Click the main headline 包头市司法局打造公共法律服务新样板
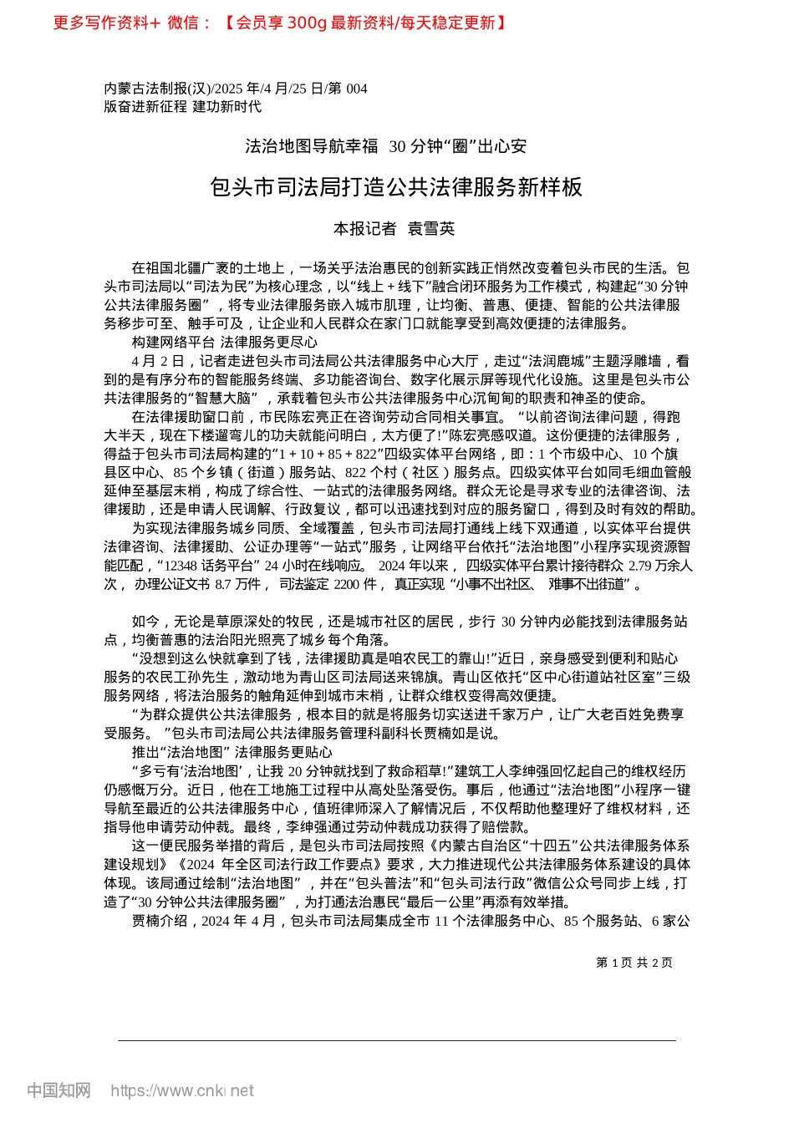click(396, 187)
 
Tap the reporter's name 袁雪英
click(430, 229)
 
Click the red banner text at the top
click(280, 23)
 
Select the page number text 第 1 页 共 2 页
click(634, 963)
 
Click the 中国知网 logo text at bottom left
click(59, 1090)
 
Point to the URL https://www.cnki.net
click(182, 1090)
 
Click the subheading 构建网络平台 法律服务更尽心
click(225, 343)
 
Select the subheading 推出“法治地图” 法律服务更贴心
click(232, 752)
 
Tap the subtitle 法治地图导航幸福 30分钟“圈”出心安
click(386, 147)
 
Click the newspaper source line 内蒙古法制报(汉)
click(157, 89)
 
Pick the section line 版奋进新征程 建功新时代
click(182, 107)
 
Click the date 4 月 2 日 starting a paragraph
click(157, 361)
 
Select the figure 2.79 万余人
click(660, 565)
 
